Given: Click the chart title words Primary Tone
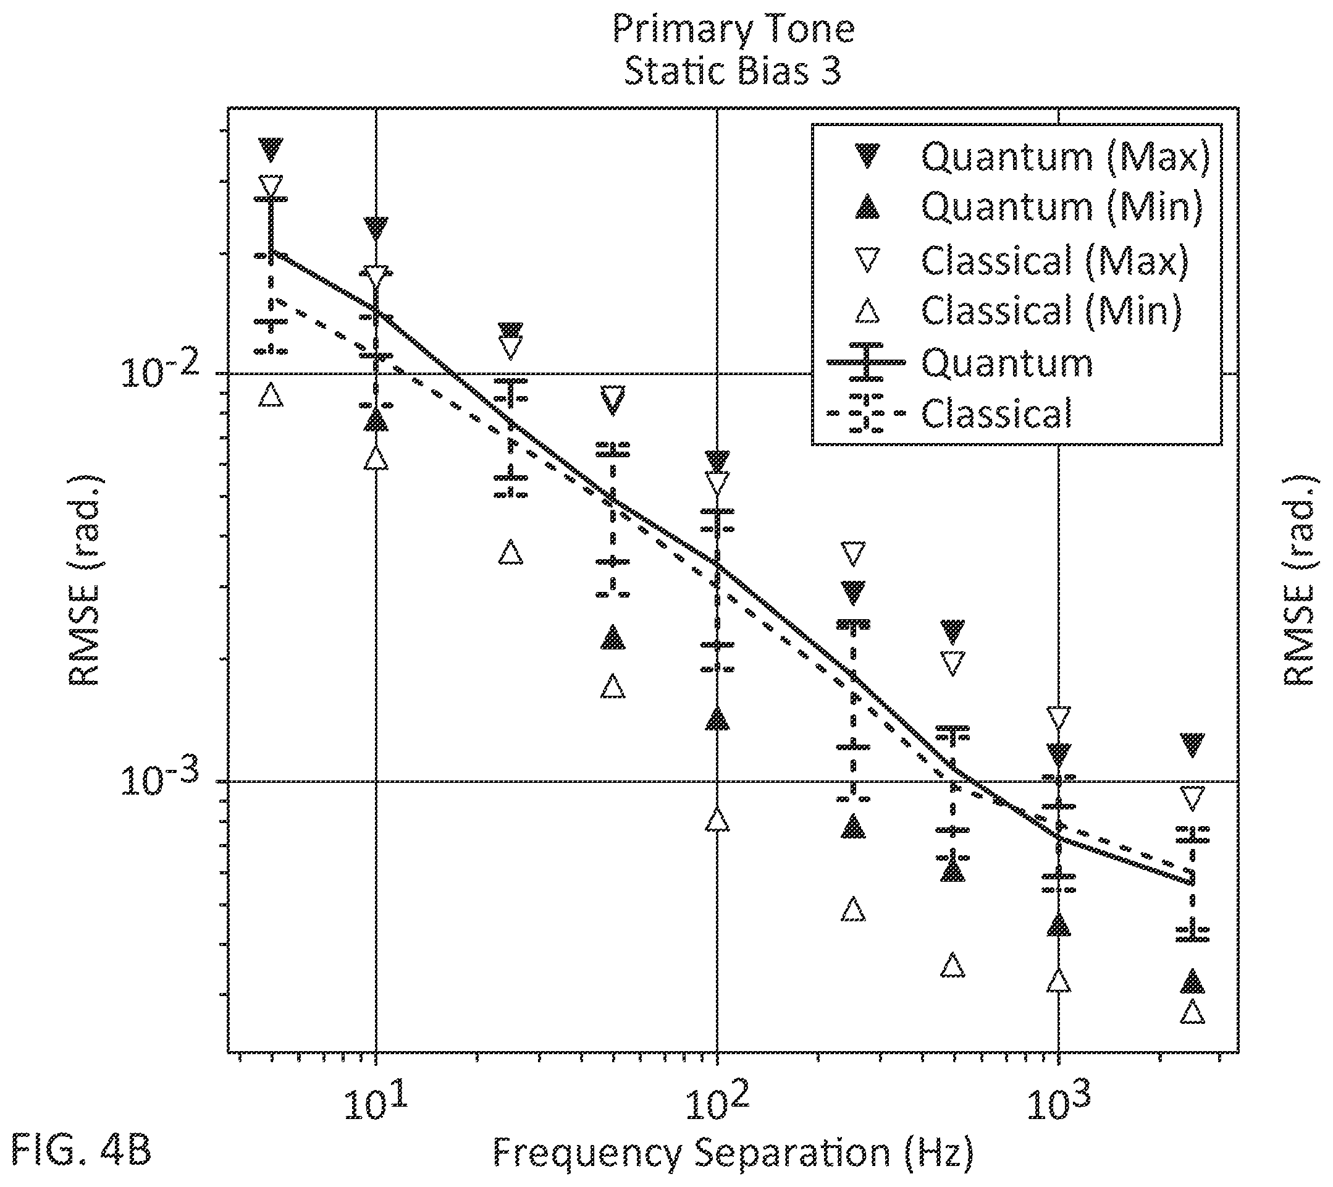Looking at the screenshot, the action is tap(733, 29).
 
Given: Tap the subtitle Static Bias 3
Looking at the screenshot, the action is tap(733, 70).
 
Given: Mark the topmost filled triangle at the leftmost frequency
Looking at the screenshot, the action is tap(271, 150).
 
